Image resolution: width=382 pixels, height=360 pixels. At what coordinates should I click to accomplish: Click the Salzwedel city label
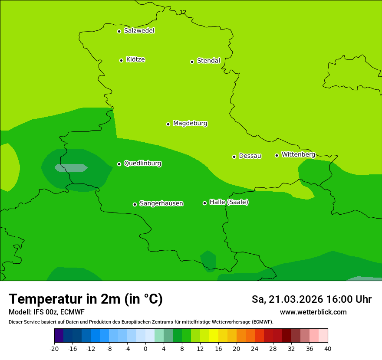(139, 31)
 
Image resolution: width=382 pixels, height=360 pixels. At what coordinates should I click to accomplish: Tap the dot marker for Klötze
(121, 60)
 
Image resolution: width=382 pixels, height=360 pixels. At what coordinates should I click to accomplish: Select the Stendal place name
(208, 61)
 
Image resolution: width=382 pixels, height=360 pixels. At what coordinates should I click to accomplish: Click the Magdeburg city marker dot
(168, 124)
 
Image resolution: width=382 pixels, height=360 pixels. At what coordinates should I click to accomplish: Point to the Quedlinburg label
(142, 164)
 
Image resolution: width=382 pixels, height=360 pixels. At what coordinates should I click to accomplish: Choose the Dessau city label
(250, 156)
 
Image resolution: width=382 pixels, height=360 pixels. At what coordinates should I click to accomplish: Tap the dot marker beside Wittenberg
(277, 155)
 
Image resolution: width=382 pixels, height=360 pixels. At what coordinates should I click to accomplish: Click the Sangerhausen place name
(161, 203)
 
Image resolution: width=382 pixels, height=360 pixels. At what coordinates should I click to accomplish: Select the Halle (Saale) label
(229, 202)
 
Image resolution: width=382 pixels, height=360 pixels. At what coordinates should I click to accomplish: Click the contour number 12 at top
(183, 12)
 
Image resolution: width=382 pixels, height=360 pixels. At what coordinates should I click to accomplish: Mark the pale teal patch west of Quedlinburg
(71, 168)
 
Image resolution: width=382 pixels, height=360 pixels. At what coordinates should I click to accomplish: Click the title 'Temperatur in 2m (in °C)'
(86, 299)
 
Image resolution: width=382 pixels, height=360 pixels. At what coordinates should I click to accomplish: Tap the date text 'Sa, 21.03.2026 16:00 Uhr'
(311, 300)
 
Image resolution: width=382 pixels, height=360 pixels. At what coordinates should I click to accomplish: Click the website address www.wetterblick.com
(313, 312)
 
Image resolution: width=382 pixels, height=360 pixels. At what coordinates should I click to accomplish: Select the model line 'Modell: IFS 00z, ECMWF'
(46, 312)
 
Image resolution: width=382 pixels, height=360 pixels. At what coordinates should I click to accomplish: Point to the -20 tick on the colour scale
(54, 349)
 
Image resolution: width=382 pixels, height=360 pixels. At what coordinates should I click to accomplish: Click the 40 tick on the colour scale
(327, 349)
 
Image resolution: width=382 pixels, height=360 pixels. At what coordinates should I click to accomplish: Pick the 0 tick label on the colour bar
(145, 349)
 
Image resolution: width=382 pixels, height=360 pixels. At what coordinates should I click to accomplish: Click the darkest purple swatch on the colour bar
(59, 336)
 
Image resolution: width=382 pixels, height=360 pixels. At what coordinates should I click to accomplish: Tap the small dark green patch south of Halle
(208, 260)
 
